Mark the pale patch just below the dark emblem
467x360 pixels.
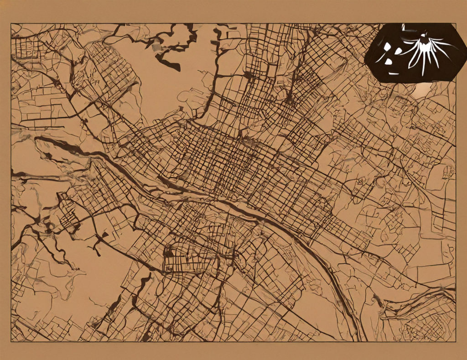(422, 91)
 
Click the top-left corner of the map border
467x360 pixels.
(11, 24)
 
